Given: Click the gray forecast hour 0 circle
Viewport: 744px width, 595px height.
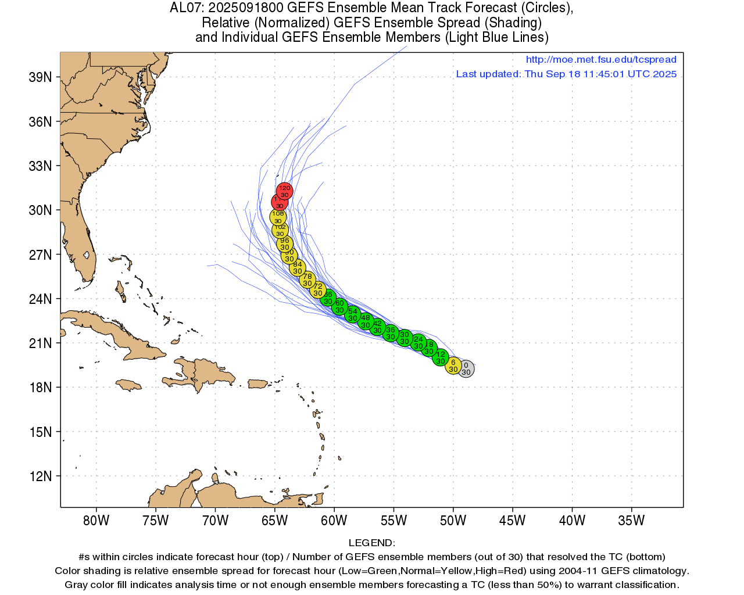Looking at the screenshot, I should point(466,368).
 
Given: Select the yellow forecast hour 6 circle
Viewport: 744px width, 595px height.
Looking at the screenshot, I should point(453,365).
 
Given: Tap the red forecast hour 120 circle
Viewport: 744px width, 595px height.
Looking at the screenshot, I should point(284,191).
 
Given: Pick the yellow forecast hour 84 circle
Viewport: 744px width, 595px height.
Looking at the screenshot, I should point(298,268).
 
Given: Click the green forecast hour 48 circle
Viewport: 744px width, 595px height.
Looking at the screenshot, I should point(365,321).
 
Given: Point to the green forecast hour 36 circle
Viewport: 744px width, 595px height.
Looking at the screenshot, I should point(391,333).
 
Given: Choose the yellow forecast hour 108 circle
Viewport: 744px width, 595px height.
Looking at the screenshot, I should point(278,217).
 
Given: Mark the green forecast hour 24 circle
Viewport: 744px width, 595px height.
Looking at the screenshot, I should point(418,343).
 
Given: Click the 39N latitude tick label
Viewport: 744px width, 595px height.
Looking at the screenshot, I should point(41,77).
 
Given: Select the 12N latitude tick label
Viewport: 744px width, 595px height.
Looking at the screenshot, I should point(41,476).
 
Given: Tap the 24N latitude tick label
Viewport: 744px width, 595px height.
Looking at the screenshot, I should point(41,299).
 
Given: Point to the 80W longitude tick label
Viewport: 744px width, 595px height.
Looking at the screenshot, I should point(96,521).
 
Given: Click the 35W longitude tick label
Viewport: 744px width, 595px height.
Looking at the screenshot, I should point(631,521).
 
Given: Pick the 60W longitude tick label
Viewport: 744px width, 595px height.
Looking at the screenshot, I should point(334,521).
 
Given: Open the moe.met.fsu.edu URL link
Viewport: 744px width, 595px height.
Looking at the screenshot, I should point(601,59).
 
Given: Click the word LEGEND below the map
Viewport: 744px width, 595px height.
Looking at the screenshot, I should point(371,543).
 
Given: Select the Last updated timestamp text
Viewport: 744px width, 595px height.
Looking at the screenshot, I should point(566,74).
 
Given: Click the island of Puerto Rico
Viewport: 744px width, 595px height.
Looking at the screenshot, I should point(257,384).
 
